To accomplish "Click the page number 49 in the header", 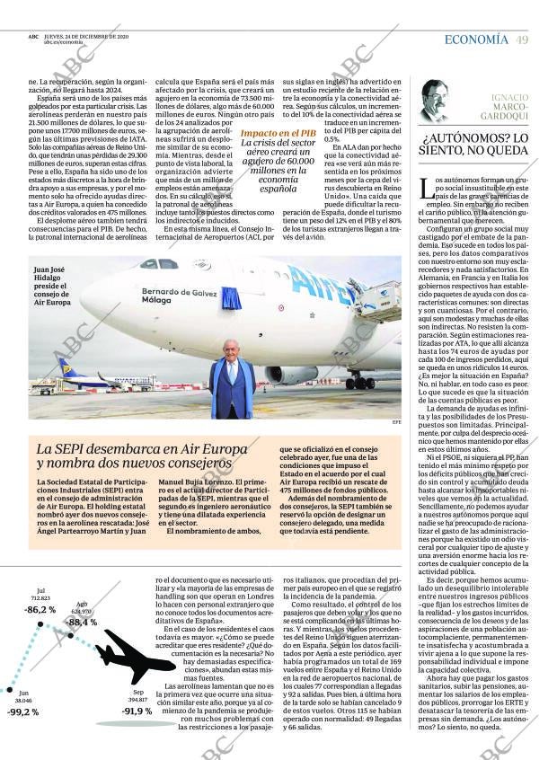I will click(522, 40).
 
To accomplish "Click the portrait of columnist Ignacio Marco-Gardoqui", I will click(435, 101).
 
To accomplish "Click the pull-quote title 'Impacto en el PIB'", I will click(278, 133).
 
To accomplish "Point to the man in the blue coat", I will click(232, 380).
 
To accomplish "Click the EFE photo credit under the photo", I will click(396, 421).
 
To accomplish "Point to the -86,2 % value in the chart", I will click(40, 610).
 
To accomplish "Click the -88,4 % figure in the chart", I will click(81, 622).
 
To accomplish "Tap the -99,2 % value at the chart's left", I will click(22, 711).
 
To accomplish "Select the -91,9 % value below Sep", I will click(137, 711).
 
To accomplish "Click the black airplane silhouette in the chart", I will click(135, 656).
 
